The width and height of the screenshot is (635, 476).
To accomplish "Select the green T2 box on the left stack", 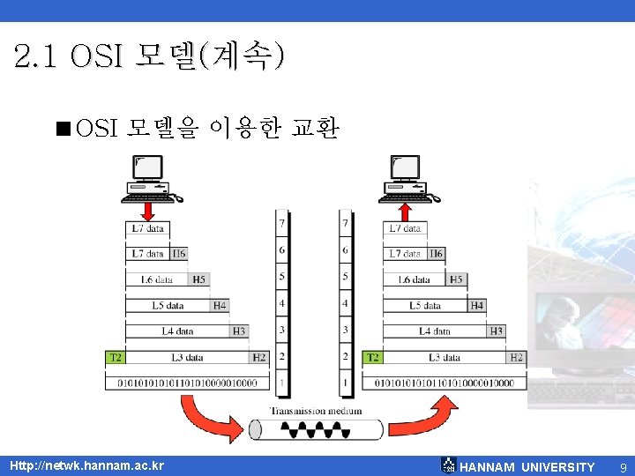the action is tap(115, 357).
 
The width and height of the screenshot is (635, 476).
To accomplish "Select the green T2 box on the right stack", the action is tap(373, 357).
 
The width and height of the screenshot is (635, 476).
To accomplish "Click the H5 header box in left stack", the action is tap(199, 279).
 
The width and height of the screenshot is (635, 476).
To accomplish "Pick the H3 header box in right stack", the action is tap(497, 331).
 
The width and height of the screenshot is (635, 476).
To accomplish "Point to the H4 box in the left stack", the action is tap(220, 306).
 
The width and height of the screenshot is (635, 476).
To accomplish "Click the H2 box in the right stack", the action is tap(517, 357).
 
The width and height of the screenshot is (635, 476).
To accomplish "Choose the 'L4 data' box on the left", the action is tap(177, 331).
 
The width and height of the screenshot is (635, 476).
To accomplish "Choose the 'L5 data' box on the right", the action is tap(425, 306).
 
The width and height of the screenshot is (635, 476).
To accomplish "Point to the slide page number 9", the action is tap(623, 466).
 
